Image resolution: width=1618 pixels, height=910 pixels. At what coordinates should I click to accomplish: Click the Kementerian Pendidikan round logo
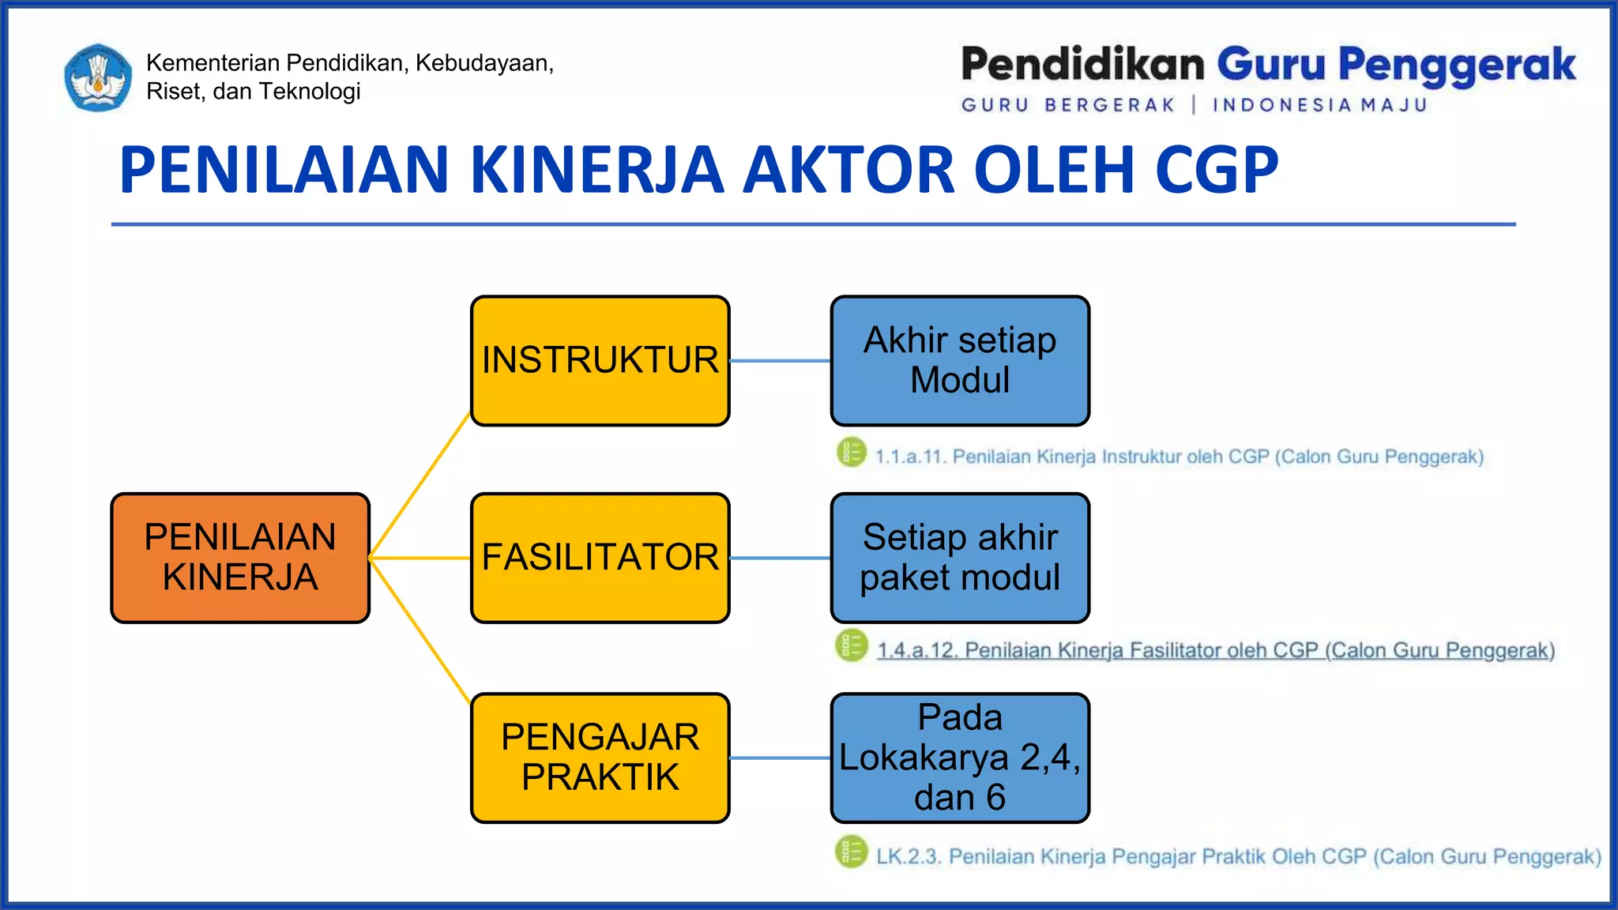coord(98,77)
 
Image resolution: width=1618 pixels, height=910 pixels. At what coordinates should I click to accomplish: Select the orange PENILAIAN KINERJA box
coord(240,558)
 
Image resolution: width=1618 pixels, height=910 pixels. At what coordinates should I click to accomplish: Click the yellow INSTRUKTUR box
coord(600,361)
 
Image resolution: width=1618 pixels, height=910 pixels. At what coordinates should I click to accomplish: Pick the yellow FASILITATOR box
coord(600,558)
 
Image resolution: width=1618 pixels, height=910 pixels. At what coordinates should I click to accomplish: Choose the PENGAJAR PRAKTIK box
coord(600,758)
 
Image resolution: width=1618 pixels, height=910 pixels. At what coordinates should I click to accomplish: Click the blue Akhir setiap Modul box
coord(960,361)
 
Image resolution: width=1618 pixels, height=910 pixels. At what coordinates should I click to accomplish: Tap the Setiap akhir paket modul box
coord(960,558)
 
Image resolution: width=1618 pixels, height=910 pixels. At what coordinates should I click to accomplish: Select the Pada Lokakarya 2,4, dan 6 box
coord(960,758)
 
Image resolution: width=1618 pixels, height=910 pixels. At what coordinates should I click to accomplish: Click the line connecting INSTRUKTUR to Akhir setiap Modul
coord(780,361)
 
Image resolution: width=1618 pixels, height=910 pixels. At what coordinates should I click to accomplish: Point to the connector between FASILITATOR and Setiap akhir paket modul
coord(780,558)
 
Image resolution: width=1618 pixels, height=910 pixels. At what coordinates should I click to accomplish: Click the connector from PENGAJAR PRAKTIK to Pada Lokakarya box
coord(780,758)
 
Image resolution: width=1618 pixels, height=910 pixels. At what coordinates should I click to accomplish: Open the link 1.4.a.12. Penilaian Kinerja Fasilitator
coord(1215,650)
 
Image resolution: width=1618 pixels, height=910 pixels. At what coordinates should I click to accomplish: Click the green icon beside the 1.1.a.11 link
coord(852,453)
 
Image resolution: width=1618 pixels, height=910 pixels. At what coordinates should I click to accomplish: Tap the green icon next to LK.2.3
coord(852,852)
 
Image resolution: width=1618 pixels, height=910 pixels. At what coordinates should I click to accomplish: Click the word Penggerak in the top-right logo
coord(1457,65)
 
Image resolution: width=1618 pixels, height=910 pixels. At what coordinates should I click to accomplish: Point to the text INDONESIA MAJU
coord(1319,105)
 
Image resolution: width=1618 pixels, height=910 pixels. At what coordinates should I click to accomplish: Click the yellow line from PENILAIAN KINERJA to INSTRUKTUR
coord(420,485)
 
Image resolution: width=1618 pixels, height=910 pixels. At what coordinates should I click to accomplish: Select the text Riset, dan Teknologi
coord(253,92)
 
